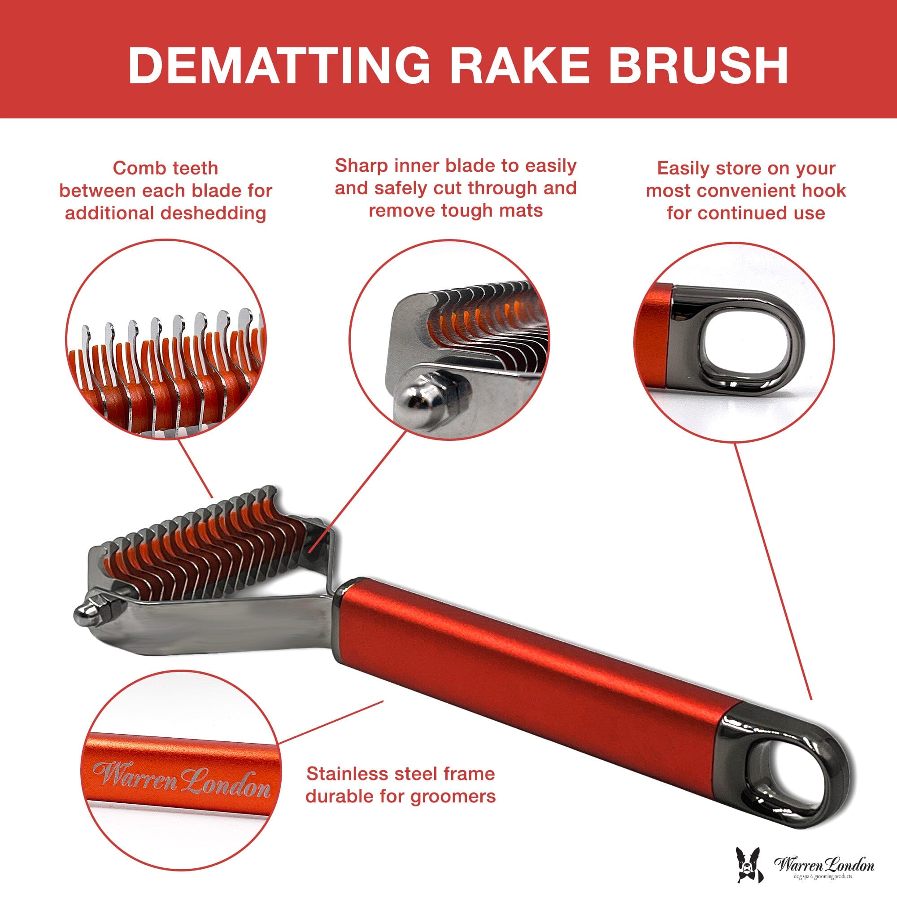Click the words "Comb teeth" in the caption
[x=165, y=168]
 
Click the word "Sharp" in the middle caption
[x=361, y=165]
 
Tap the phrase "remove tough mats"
[x=456, y=210]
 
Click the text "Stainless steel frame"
[x=401, y=774]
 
